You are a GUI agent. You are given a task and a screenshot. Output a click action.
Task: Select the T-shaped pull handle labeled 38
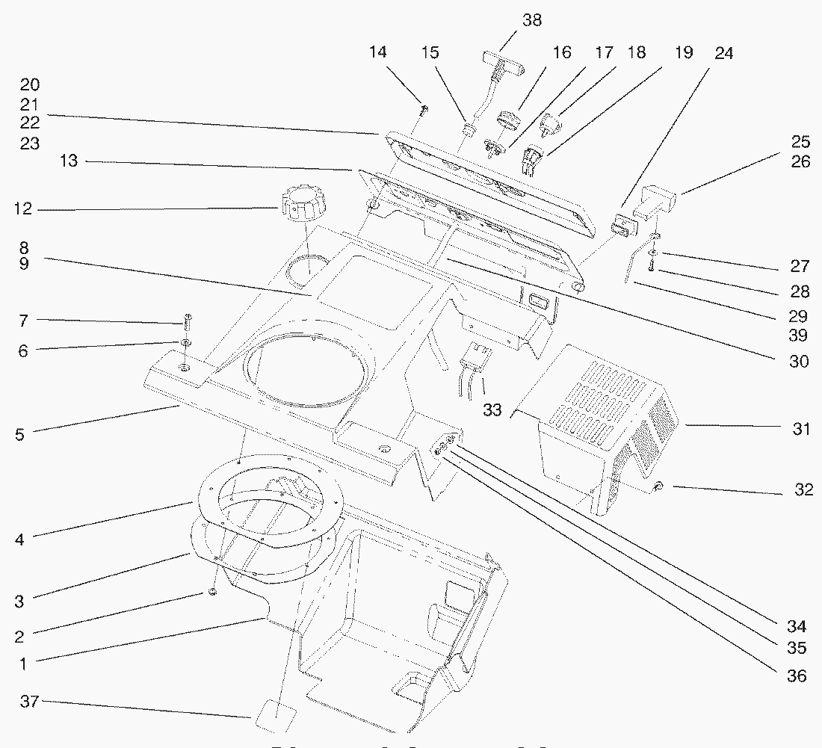coord(502,62)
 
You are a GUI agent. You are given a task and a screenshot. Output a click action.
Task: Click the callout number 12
coord(22,210)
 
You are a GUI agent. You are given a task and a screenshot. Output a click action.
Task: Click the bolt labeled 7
coord(187,322)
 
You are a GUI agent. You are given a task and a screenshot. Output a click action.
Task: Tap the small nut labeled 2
coord(211,592)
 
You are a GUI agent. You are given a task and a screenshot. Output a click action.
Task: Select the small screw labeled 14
coord(424,111)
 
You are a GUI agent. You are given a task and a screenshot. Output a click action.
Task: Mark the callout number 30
coord(798,362)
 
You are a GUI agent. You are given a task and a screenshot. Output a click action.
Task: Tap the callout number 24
coord(723,53)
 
